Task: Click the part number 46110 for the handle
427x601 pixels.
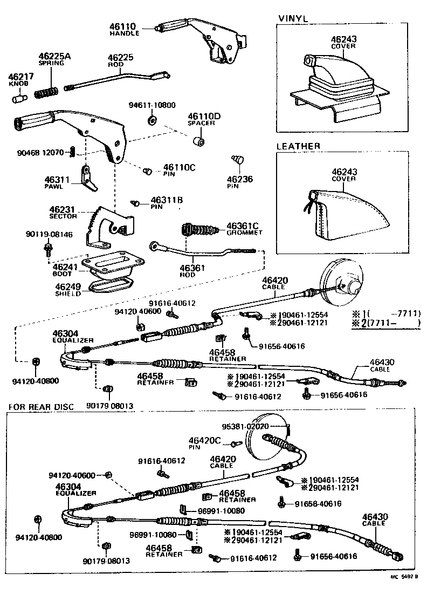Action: tap(124, 26)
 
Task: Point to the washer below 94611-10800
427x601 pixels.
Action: tap(151, 119)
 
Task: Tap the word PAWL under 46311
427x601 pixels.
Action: tap(54, 187)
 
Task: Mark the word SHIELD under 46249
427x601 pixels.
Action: tap(67, 294)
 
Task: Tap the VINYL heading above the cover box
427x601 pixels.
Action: tap(293, 18)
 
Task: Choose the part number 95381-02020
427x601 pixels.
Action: tap(249, 426)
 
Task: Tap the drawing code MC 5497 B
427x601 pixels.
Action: tap(405, 592)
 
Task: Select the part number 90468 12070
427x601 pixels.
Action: tap(40, 152)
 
